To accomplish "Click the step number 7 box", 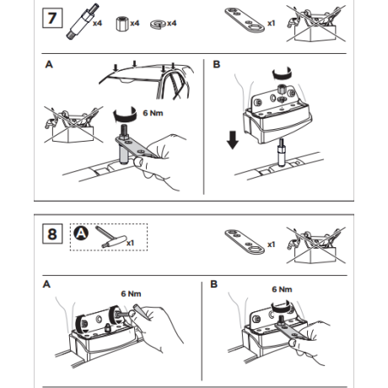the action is (52, 19).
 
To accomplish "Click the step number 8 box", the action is (52, 234).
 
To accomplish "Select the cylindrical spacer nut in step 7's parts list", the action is (122, 24).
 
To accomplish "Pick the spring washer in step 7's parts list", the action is (159, 24).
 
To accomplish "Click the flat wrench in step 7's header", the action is (245, 20).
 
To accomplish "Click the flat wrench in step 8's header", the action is (245, 241).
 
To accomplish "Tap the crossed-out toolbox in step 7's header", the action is (316, 24).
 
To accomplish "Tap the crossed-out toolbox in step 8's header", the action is (316, 245).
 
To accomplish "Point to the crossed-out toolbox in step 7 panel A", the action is (73, 124).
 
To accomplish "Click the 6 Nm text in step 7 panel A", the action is (153, 113).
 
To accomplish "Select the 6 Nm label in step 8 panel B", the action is (282, 289).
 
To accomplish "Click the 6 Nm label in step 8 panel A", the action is (131, 294).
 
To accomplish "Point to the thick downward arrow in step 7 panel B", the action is (233, 139).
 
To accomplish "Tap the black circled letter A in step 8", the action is (81, 233).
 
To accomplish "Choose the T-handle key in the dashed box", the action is (110, 237).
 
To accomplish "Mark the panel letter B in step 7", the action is (217, 64).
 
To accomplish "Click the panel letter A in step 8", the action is (46, 284).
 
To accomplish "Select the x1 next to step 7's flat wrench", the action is (271, 24).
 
